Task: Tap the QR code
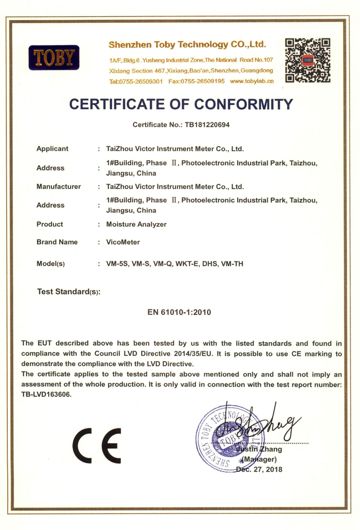[308, 60]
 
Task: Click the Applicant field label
[52, 148]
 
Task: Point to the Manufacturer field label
[58, 186]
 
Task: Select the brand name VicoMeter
[122, 242]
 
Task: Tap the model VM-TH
[233, 264]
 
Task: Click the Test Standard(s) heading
[68, 292]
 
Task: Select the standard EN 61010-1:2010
[180, 312]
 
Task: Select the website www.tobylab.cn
[252, 81]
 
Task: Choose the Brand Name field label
[57, 242]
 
